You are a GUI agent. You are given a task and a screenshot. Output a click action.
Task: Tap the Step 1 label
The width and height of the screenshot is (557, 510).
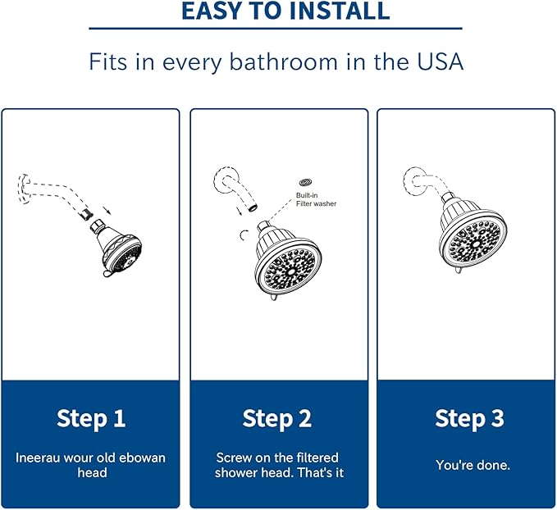point(91,418)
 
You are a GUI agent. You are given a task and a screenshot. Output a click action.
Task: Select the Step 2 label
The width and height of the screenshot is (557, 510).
point(277,418)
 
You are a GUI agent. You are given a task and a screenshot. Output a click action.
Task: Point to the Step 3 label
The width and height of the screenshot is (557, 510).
point(469,418)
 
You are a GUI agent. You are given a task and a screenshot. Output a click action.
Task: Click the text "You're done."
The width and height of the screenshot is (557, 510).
point(473,465)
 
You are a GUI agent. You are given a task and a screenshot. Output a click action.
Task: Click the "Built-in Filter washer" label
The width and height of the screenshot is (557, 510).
point(316,199)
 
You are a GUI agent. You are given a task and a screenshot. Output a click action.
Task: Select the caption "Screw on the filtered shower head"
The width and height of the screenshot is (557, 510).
point(277,465)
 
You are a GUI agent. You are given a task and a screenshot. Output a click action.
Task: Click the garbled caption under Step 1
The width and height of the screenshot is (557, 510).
point(91,465)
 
